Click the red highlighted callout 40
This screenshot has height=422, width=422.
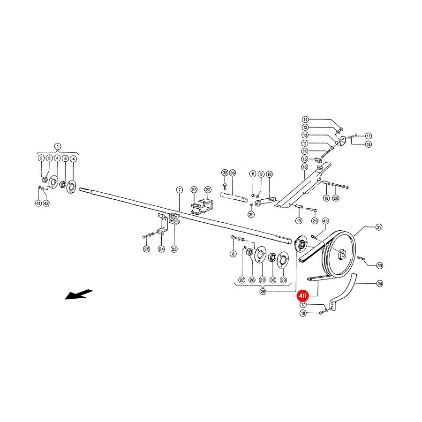[x=302, y=296]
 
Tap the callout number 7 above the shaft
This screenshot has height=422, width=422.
[x=180, y=190]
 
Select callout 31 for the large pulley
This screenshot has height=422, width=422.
[x=379, y=227]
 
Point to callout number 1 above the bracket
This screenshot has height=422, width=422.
[x=58, y=146]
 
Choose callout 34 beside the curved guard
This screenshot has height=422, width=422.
[x=380, y=283]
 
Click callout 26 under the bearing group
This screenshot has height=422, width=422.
[x=263, y=292]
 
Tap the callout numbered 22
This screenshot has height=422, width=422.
[x=208, y=190]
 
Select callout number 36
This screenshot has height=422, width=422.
[x=233, y=173]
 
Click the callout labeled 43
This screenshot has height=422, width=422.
[x=325, y=221]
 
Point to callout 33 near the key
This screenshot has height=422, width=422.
[x=379, y=266]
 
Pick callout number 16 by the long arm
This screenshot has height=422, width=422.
[x=305, y=167]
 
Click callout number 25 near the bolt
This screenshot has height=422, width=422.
[x=146, y=249]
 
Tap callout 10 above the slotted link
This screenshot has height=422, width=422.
[x=270, y=174]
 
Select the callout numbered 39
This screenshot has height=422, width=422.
[x=251, y=214]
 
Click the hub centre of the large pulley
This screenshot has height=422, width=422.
[x=341, y=254]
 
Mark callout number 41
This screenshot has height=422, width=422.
[x=38, y=203]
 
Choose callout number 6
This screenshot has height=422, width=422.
[x=233, y=254]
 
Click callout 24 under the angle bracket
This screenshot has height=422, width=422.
[x=161, y=249]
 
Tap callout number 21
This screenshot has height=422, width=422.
[x=315, y=221]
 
